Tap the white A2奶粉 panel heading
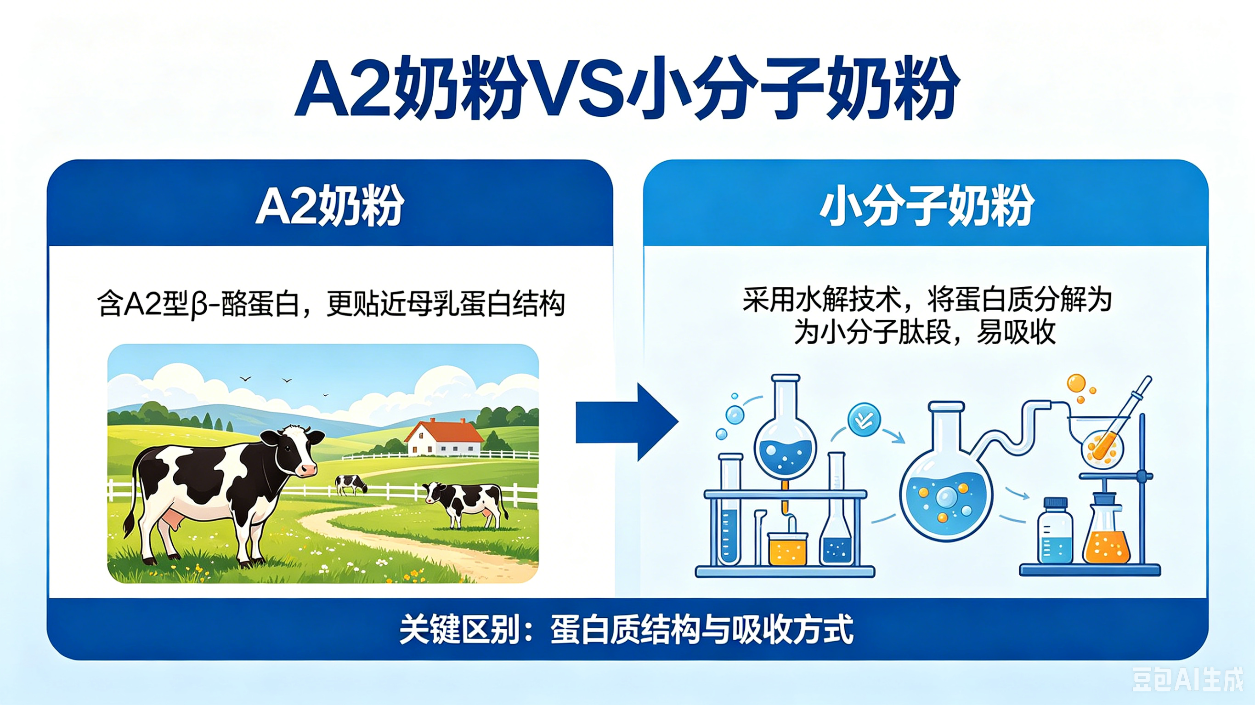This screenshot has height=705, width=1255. click(330, 205)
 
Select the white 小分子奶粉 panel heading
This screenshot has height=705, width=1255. click(927, 205)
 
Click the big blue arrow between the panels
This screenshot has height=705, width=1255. click(627, 422)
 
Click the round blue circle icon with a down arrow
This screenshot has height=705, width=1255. click(864, 420)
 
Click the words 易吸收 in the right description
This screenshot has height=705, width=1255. click(1016, 333)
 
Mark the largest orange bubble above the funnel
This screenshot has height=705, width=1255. click(1076, 383)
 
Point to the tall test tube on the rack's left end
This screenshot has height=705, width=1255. click(729, 509)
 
